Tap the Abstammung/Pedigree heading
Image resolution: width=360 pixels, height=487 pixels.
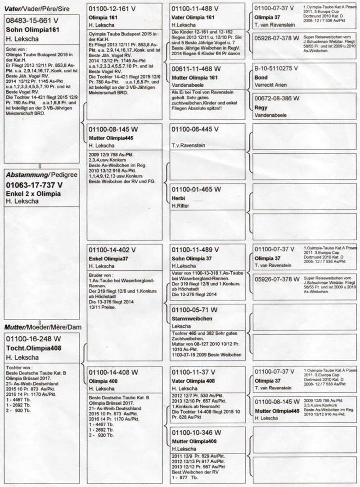(43, 174)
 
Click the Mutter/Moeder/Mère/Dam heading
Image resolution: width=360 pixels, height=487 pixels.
(43, 327)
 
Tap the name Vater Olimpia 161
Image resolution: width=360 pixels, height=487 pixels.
(193, 17)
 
